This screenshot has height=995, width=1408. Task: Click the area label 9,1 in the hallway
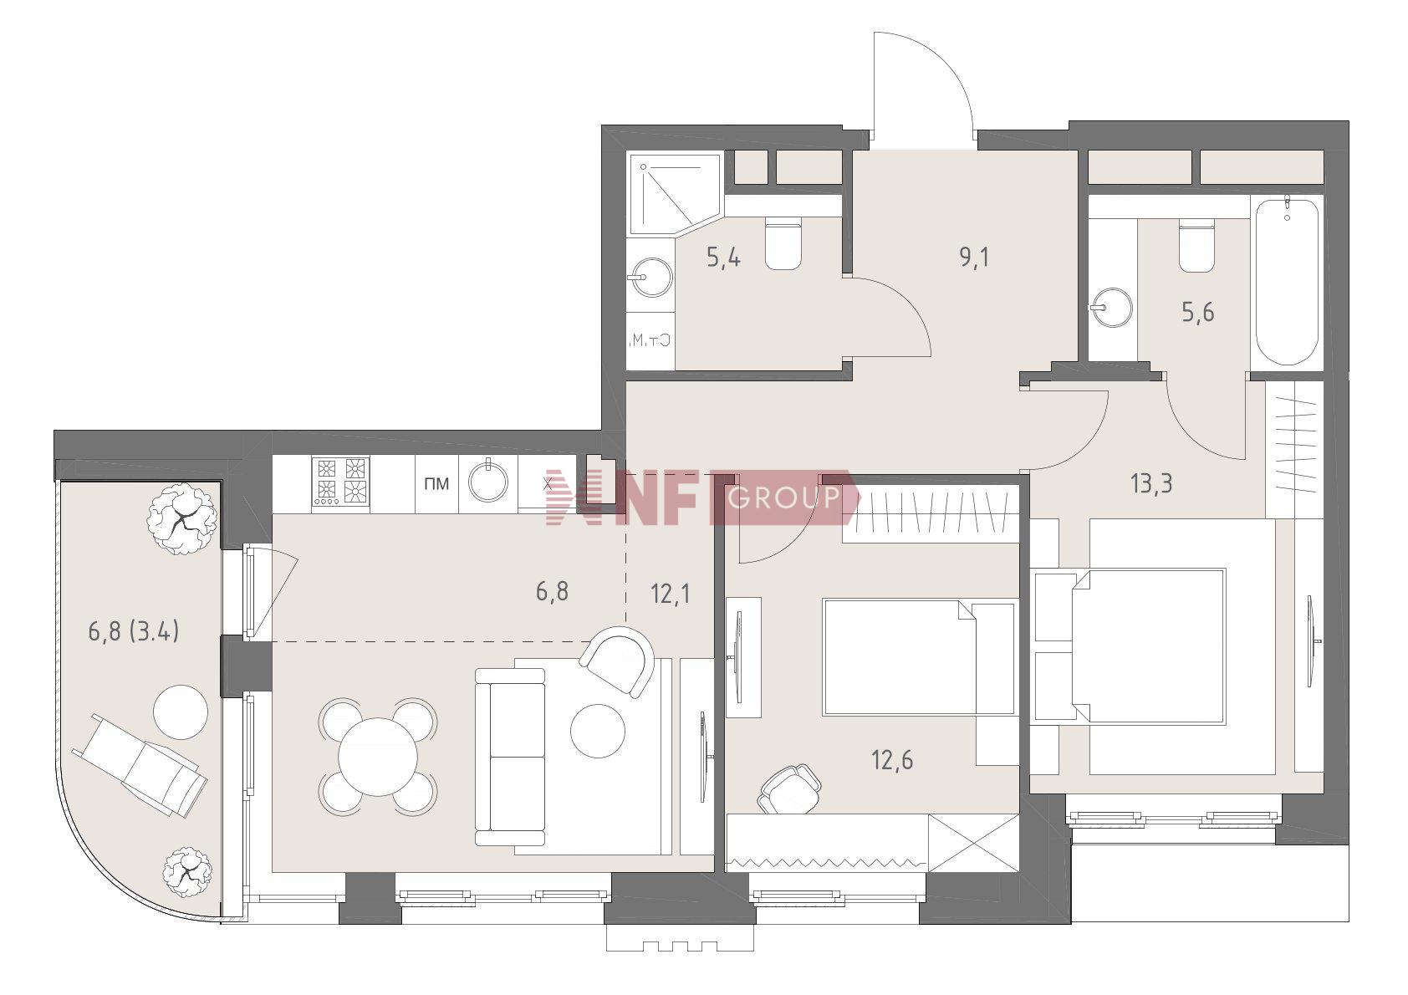[974, 257]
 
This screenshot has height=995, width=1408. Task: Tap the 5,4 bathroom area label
[723, 257]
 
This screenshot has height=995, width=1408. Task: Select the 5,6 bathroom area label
[1198, 312]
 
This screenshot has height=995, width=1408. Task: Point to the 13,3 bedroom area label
[1151, 484]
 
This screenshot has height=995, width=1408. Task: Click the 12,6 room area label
[893, 761]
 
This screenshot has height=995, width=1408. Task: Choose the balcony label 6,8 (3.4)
[134, 630]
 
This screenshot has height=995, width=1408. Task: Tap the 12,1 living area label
[671, 593]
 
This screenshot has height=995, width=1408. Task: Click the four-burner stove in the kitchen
[340, 481]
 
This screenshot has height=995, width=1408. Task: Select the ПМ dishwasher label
[436, 484]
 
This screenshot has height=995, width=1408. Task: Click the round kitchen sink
[488, 482]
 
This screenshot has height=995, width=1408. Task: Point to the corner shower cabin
[674, 194]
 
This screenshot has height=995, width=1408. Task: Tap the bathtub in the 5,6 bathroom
[1287, 282]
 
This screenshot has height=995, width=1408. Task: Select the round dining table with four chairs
[379, 756]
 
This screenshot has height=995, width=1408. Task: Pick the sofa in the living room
[510, 757]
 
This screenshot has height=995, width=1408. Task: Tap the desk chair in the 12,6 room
[788, 788]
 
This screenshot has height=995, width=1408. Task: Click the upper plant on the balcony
[182, 518]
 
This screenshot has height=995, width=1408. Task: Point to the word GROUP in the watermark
[783, 497]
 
